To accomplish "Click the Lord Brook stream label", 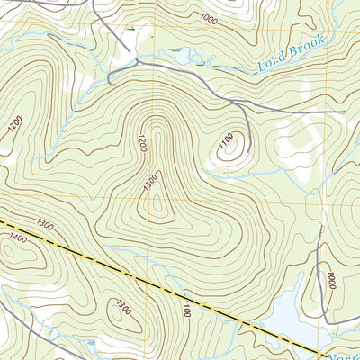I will (288, 54).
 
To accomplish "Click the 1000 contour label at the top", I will (209, 19).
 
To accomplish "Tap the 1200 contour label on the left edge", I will (13, 126).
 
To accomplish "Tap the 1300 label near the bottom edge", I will (124, 310).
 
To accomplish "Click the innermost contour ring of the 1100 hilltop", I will (229, 153).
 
